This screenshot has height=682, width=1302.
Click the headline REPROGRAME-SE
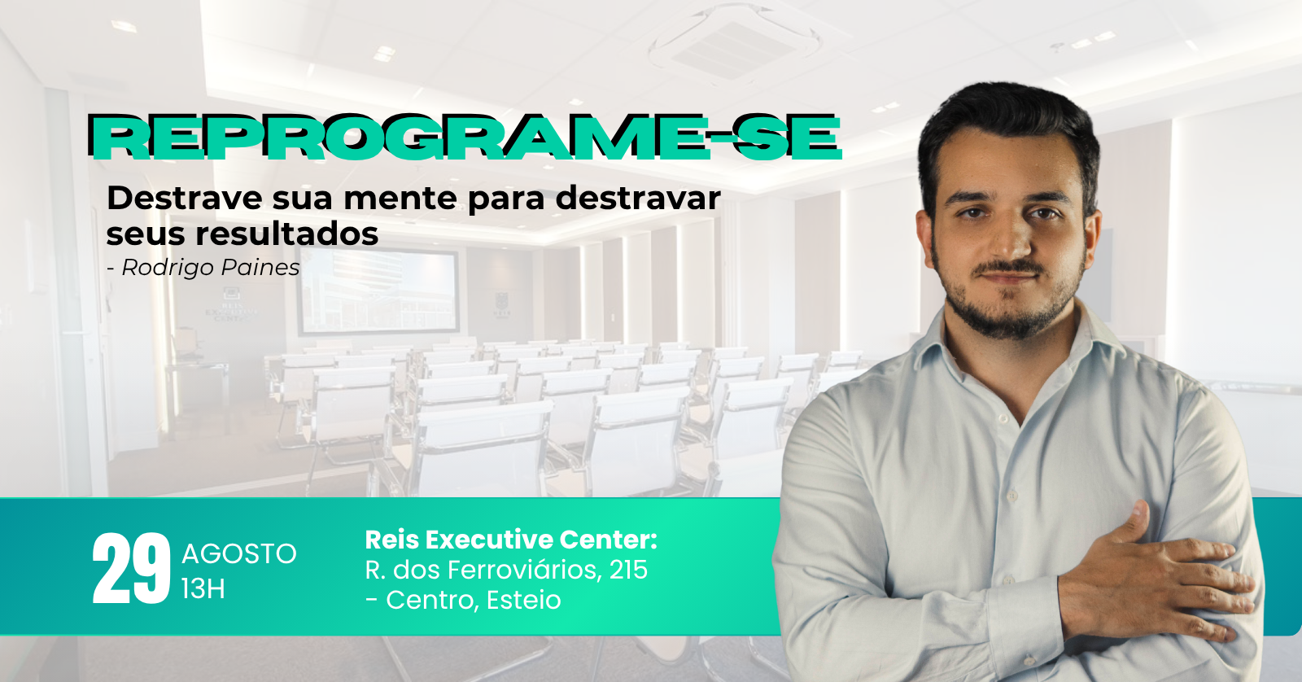click(x=465, y=138)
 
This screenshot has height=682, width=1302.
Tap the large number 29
click(x=131, y=569)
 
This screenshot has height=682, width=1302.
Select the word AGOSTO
click(x=239, y=553)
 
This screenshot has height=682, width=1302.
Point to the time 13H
click(x=203, y=589)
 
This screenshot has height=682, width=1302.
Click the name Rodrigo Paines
click(x=211, y=268)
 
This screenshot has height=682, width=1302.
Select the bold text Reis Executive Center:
click(x=511, y=540)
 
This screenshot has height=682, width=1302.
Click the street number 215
click(x=628, y=570)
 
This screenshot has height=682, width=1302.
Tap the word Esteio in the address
click(x=524, y=600)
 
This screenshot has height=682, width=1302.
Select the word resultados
click(x=286, y=234)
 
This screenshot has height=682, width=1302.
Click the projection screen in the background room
click(x=379, y=293)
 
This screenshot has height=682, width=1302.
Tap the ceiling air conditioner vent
click(x=734, y=44)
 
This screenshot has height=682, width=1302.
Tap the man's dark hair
click(x=1009, y=133)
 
